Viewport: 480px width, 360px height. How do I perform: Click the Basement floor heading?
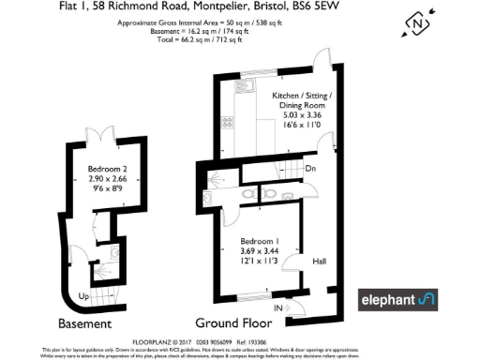(85, 323)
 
